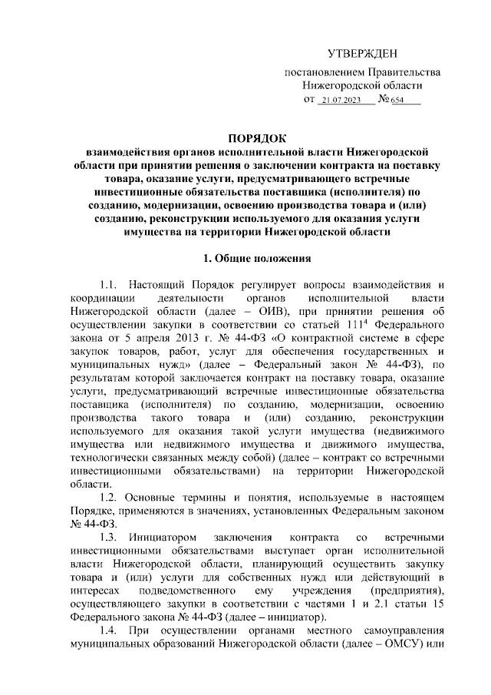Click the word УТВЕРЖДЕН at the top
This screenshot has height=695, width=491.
tap(363, 54)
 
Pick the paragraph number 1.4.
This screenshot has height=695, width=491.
tap(110, 630)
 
